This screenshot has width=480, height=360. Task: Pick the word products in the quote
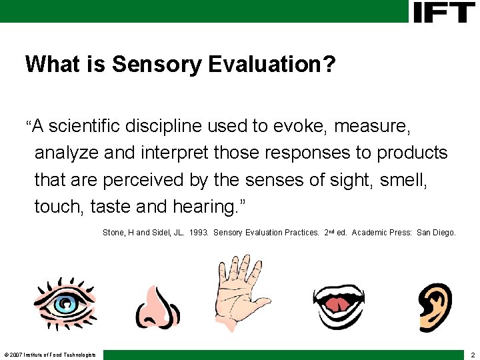tap(412, 153)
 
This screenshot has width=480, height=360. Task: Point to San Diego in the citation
tap(436, 233)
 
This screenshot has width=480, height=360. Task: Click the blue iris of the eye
tap(65, 305)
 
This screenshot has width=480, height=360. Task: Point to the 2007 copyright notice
tap(50, 354)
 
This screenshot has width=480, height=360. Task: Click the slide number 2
tap(472, 354)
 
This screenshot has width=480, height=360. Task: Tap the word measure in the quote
tap(382, 125)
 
